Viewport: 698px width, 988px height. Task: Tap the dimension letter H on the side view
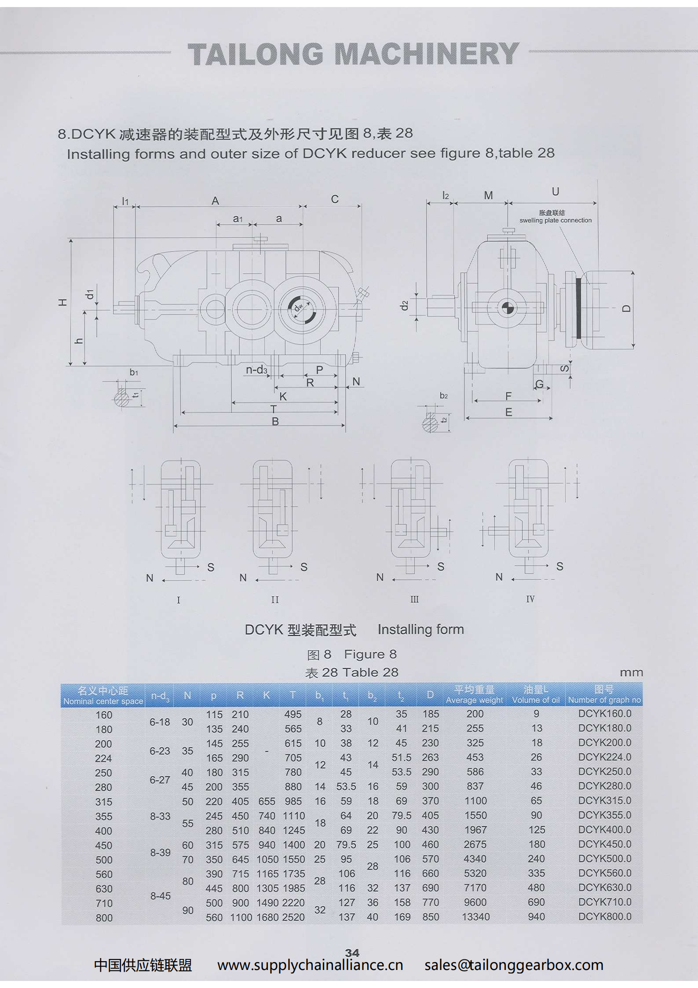[63, 302]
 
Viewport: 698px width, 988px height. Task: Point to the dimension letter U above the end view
[555, 191]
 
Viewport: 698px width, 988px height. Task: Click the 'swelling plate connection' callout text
[555, 220]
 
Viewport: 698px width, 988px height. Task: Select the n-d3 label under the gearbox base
[256, 370]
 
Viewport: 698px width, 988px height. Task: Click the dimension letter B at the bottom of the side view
[275, 422]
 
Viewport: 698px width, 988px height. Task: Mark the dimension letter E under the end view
[509, 412]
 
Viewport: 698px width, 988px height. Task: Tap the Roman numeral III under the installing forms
[414, 599]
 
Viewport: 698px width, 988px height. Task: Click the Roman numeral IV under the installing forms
[530, 599]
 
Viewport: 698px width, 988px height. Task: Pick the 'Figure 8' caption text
[370, 654]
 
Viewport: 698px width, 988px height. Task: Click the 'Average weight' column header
[474, 700]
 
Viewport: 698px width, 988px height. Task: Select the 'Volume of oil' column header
[536, 700]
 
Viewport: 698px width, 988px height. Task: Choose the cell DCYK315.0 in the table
[605, 801]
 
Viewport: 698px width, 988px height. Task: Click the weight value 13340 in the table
[475, 917]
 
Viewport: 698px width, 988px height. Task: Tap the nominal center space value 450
[104, 845]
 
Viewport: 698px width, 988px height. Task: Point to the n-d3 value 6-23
[160, 751]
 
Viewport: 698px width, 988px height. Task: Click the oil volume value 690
[536, 902]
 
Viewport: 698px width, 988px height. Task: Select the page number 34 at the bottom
[352, 953]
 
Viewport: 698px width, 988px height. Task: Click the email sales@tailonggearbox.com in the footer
[514, 965]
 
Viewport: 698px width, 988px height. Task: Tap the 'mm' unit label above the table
[631, 672]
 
